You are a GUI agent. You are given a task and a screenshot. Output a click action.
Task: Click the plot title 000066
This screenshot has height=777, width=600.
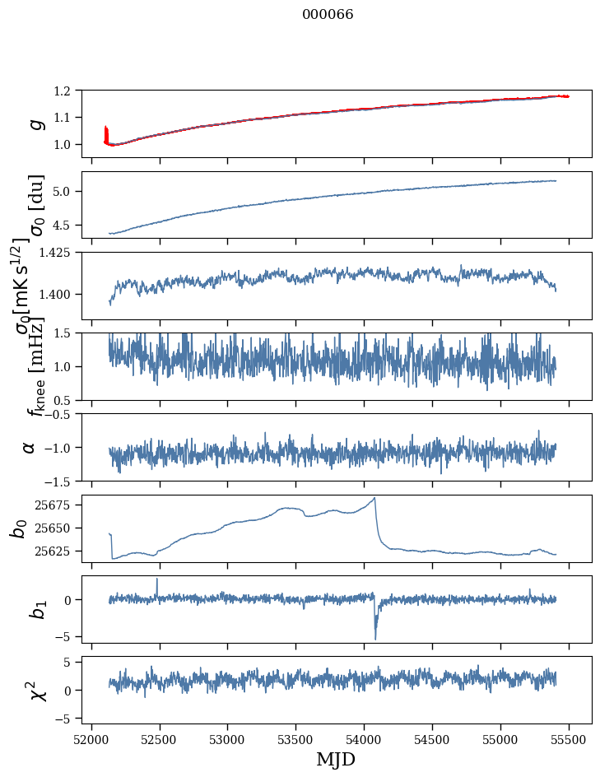[x=328, y=15]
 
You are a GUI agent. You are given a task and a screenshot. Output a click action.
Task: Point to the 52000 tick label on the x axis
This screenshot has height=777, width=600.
[x=91, y=738]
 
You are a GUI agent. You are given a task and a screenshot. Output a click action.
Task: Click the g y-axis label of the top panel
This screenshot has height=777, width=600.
[x=35, y=123]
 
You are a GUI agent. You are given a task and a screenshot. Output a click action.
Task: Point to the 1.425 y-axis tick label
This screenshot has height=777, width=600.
[x=63, y=252]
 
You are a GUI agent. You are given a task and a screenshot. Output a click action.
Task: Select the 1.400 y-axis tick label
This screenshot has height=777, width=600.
[x=63, y=295]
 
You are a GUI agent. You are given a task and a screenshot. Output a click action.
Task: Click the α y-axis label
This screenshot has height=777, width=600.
[x=30, y=447]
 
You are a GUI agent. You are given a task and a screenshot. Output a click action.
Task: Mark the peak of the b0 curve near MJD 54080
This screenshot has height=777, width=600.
[x=375, y=498]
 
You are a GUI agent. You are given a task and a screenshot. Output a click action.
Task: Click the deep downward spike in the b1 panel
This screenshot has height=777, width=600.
[x=375, y=638]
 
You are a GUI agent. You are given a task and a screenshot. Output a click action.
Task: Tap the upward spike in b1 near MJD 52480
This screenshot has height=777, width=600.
[x=157, y=579]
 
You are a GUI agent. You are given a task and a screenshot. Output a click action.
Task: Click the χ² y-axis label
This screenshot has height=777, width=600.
[x=35, y=691]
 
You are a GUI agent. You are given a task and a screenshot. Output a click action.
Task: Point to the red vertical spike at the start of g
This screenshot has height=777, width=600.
[x=105, y=132]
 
